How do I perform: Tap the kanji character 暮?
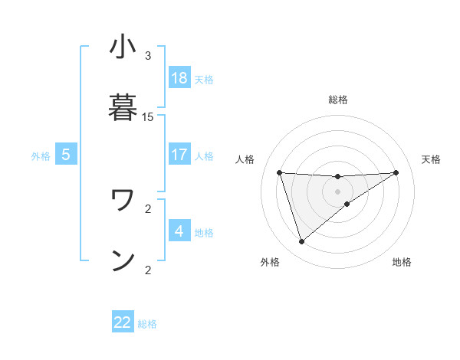click(123, 105)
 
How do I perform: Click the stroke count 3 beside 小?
click(148, 56)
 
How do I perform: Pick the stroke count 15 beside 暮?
click(148, 117)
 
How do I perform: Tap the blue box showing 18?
click(179, 78)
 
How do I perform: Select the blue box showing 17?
click(179, 154)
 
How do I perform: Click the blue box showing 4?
click(179, 230)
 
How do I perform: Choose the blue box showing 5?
click(66, 154)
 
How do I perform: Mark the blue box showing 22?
click(123, 322)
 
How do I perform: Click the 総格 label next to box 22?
click(147, 324)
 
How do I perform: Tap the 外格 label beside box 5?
click(41, 156)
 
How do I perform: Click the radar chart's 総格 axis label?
click(337, 100)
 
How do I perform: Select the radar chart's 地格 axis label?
click(402, 263)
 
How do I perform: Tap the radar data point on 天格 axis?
click(396, 172)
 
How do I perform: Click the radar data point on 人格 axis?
click(280, 172)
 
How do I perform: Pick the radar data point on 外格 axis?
click(301, 242)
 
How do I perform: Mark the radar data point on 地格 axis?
click(347, 204)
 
